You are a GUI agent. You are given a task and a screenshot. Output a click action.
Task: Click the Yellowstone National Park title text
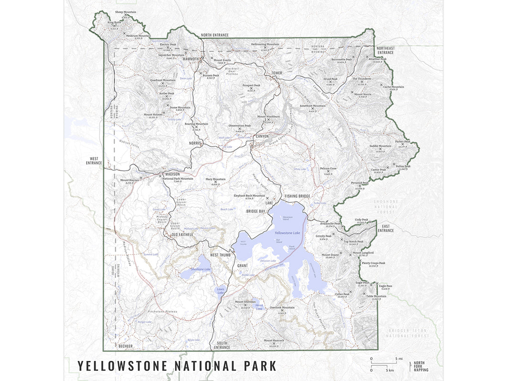(177, 366)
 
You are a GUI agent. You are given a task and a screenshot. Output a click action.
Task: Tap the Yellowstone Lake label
(288, 233)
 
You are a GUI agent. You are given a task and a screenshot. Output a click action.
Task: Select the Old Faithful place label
(179, 235)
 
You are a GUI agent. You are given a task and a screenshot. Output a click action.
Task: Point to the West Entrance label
(94, 161)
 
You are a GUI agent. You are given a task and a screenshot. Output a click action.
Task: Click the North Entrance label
(215, 35)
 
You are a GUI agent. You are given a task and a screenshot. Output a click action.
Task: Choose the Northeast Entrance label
(386, 50)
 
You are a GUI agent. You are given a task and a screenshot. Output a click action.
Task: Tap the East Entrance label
(386, 228)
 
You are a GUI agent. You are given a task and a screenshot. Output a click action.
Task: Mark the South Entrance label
(222, 345)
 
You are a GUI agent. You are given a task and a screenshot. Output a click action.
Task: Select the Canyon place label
(262, 137)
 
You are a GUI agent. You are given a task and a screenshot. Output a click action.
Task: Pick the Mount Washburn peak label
(268, 116)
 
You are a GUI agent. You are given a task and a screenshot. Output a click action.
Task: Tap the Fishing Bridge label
(298, 196)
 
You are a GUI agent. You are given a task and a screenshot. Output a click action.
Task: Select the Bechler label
(125, 346)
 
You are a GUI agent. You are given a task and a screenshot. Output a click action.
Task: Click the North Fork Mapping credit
(421, 367)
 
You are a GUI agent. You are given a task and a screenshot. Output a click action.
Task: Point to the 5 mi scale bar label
(399, 359)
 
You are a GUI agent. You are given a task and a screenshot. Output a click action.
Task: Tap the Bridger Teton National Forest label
(409, 333)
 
